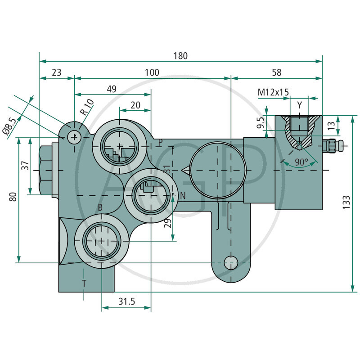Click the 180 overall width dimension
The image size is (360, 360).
(180, 56)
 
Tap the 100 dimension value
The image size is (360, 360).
(152, 72)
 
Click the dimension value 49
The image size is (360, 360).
(112, 89)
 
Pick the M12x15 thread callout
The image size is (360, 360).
(273, 92)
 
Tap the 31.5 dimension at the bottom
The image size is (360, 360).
(126, 302)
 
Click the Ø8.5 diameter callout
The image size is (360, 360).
(10, 125)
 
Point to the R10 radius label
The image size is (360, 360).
(87, 107)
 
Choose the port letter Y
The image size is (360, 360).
(300, 105)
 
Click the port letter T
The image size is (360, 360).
(84, 283)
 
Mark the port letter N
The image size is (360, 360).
(182, 195)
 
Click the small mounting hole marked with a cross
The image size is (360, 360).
(74, 136)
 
